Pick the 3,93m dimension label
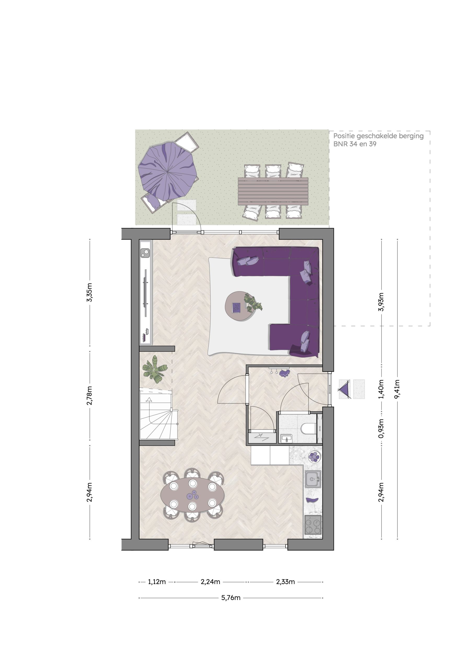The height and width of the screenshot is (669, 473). click(x=381, y=302)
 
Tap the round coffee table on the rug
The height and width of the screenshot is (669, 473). click(x=240, y=306)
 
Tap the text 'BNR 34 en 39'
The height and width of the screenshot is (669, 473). click(x=355, y=144)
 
